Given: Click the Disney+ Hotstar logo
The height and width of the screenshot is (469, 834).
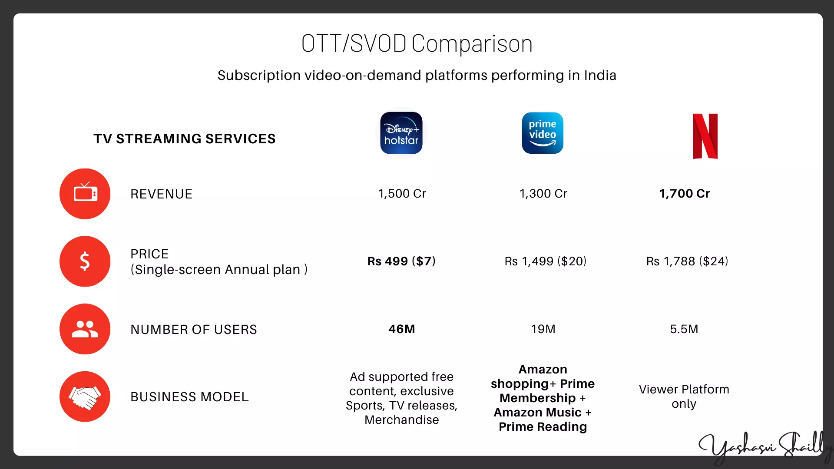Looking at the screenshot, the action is (x=401, y=133).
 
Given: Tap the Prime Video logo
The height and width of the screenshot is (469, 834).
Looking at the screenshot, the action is (x=543, y=133).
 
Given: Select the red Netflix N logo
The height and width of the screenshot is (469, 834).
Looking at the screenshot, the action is (x=705, y=136).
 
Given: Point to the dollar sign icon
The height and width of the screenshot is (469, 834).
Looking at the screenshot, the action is (x=85, y=261).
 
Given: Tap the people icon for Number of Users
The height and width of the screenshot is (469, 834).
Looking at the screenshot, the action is (x=85, y=329).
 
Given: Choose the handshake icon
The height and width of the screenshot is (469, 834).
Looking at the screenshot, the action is (x=85, y=396).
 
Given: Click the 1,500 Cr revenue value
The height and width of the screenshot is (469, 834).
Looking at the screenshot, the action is (x=402, y=194).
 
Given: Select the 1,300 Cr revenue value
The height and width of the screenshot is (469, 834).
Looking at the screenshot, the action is (x=543, y=194).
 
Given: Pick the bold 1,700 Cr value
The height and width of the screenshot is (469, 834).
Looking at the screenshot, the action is (x=685, y=194).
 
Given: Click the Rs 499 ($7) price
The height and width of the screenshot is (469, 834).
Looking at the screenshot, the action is (x=401, y=261).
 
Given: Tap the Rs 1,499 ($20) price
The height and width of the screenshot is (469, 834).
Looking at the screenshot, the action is (x=545, y=261).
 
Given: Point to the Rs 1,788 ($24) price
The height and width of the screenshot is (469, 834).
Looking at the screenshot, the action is (x=687, y=261).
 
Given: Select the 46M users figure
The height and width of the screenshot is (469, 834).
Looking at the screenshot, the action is (x=402, y=329).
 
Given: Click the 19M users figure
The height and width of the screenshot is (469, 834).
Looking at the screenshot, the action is (x=543, y=329).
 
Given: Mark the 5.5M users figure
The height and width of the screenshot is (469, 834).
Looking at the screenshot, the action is (x=684, y=329).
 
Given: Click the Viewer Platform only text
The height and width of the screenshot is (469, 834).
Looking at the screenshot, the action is (x=684, y=396).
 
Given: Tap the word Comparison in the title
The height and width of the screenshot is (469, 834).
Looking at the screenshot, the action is (x=472, y=44).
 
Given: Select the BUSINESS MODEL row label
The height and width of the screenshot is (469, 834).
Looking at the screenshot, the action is (x=189, y=397).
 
